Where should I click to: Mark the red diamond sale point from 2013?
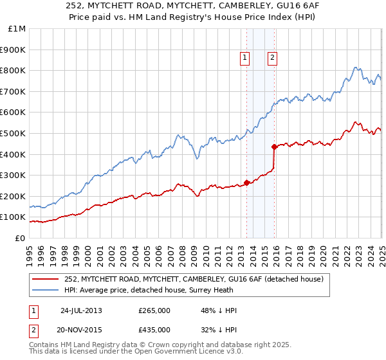click(x=247, y=183)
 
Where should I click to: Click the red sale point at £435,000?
click(x=275, y=147)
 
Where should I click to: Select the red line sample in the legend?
click(x=46, y=278)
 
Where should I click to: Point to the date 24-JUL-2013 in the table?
click(x=81, y=310)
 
